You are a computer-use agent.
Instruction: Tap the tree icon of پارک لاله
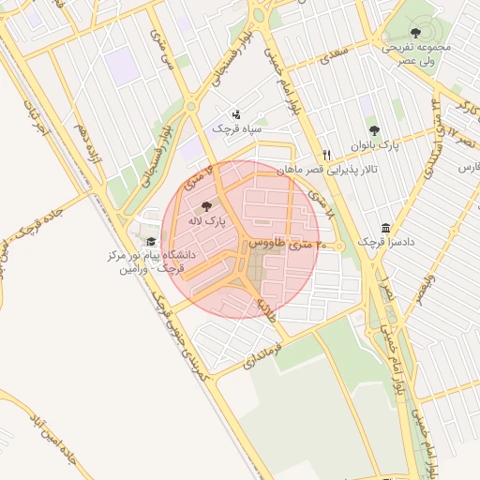206,206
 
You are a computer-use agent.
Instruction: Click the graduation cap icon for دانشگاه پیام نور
150,242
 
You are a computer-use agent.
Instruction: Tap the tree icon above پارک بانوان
374,131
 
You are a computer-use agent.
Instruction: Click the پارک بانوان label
375,146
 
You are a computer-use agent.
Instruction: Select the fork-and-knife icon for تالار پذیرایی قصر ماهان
326,155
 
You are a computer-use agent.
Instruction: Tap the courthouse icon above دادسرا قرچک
386,228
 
